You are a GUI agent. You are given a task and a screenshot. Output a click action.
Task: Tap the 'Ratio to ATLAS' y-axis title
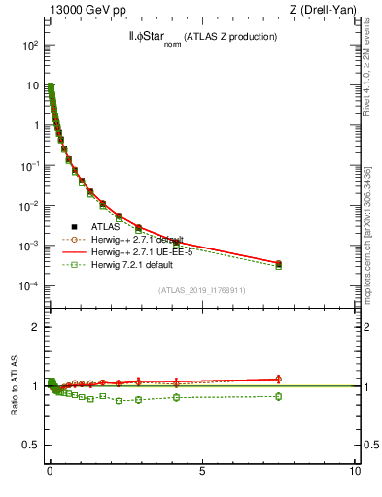(15, 386)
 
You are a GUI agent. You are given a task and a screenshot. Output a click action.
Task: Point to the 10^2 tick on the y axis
(29, 45)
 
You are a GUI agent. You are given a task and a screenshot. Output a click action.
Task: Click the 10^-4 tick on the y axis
(29, 286)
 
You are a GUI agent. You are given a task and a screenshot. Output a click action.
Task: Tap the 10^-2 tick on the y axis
(29, 206)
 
